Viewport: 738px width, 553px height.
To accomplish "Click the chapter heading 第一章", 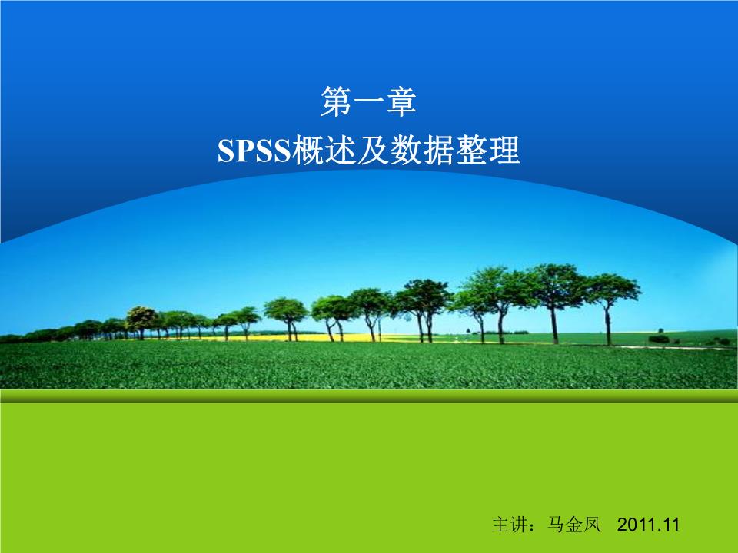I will click(x=368, y=102).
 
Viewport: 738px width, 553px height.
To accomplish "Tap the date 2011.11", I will click(x=650, y=525).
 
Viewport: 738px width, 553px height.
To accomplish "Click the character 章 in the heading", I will click(x=401, y=102).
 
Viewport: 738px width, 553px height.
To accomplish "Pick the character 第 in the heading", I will click(x=336, y=102).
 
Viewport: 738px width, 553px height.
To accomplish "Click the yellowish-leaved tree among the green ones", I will click(x=141, y=316).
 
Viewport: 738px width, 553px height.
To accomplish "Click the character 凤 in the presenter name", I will click(x=592, y=525).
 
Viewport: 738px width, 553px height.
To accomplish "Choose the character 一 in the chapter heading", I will click(x=368, y=103).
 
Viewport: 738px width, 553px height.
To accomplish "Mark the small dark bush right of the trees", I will click(x=659, y=338).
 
